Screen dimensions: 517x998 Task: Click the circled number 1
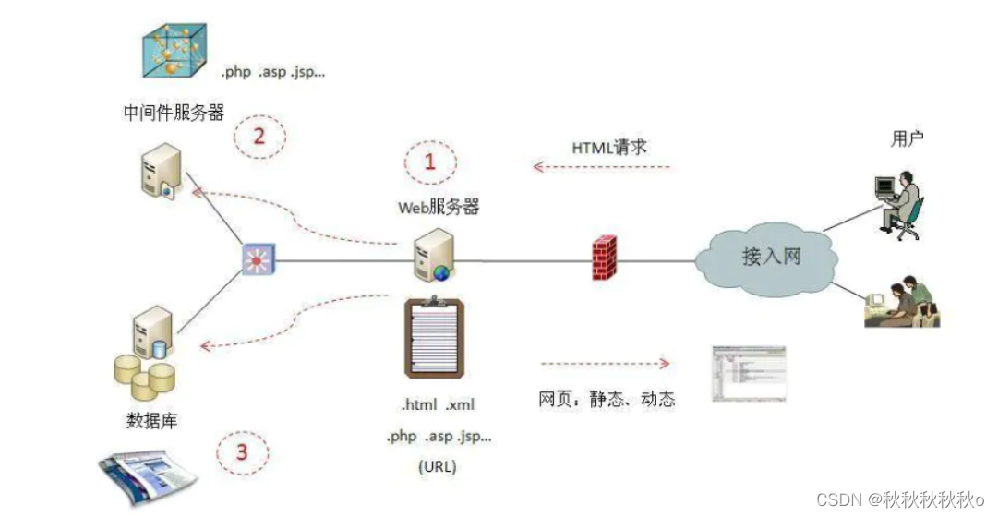(429, 163)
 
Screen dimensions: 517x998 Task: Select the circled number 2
(258, 138)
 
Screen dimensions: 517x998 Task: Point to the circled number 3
(242, 452)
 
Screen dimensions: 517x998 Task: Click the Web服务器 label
(439, 208)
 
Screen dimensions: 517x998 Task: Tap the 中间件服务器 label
(174, 113)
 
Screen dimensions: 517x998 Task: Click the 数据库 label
(151, 420)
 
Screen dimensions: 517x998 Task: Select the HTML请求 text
(609, 147)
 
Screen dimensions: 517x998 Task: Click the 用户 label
(908, 138)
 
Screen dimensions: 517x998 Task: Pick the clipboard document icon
(433, 340)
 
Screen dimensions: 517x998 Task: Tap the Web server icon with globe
(433, 256)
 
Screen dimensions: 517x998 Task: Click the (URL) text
(437, 466)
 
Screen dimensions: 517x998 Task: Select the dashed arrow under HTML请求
(602, 168)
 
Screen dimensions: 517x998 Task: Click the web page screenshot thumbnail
(748, 374)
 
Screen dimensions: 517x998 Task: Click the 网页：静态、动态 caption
(607, 399)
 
